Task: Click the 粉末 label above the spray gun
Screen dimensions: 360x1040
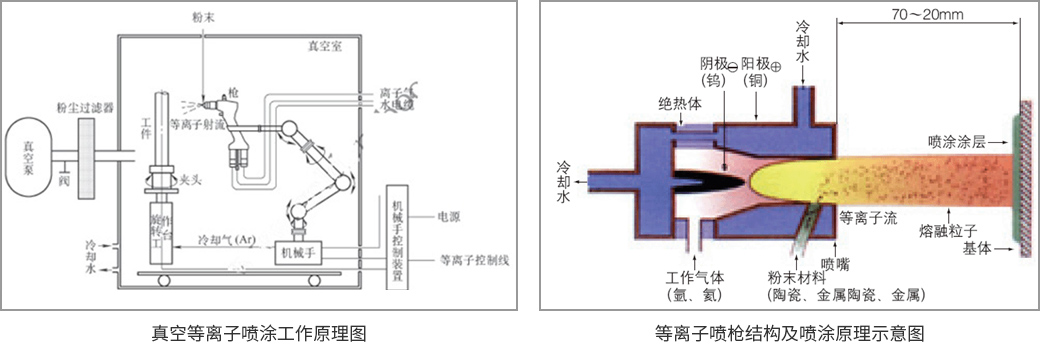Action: pyautogui.click(x=203, y=18)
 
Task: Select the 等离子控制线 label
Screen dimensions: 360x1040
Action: pyautogui.click(x=475, y=260)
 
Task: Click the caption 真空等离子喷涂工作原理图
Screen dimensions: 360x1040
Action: pyautogui.click(x=258, y=333)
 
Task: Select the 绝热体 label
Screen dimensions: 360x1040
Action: pyautogui.click(x=677, y=103)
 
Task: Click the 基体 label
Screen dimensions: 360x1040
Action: pyautogui.click(x=976, y=247)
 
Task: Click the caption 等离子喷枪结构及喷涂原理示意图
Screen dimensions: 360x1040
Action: pyautogui.click(x=788, y=333)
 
